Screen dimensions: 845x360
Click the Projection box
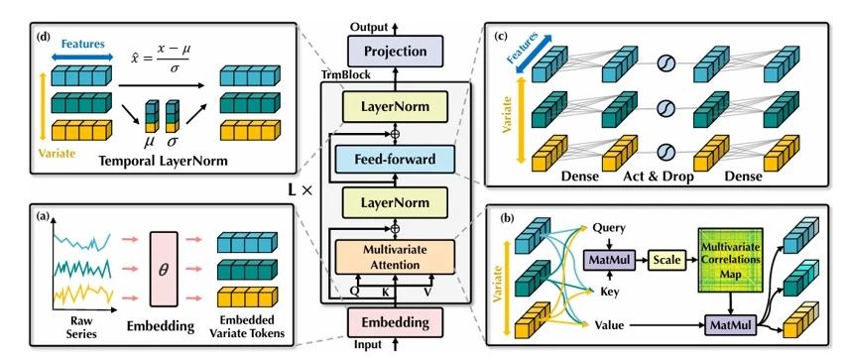click(x=396, y=52)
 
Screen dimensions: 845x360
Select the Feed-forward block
click(x=395, y=160)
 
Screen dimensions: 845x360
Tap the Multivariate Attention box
click(x=395, y=256)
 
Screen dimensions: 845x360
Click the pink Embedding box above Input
click(x=395, y=322)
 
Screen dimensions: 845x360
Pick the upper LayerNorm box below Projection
click(x=396, y=107)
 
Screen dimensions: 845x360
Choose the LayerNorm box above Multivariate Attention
click(x=396, y=202)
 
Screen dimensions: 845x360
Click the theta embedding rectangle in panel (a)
click(x=164, y=270)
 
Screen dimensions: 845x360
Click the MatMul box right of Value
click(x=731, y=325)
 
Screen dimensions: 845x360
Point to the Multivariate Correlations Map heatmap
click(x=731, y=261)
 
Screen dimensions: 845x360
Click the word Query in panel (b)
click(x=608, y=228)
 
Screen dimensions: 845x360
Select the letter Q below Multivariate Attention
click(x=355, y=290)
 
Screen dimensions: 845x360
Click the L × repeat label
click(x=301, y=189)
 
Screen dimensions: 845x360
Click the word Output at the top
click(x=369, y=27)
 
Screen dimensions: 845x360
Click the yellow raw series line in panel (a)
click(x=82, y=295)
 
